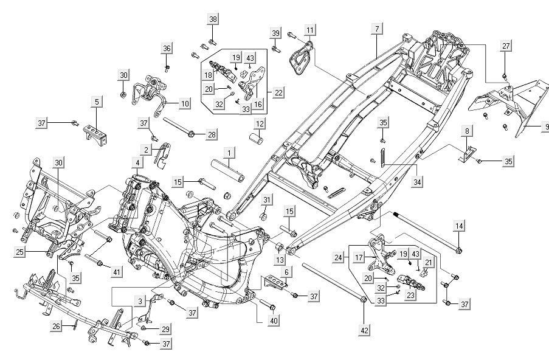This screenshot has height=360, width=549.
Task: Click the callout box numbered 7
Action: (377, 29)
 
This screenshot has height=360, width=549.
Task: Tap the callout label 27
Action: (506, 46)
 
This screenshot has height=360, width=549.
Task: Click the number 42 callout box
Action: (364, 331)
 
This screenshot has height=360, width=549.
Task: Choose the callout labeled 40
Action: (273, 320)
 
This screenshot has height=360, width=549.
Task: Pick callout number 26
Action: (56, 327)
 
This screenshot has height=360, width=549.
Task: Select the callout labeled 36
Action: (167, 48)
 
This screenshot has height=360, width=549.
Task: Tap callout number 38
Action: (213, 19)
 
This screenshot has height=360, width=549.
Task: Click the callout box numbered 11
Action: (310, 30)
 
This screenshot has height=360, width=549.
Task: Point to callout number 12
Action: (259, 124)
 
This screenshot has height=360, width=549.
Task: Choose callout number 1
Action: (229, 151)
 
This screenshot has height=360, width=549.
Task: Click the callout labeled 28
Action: (211, 134)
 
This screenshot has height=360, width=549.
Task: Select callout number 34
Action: (416, 181)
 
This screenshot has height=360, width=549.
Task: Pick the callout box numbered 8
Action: (467, 131)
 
